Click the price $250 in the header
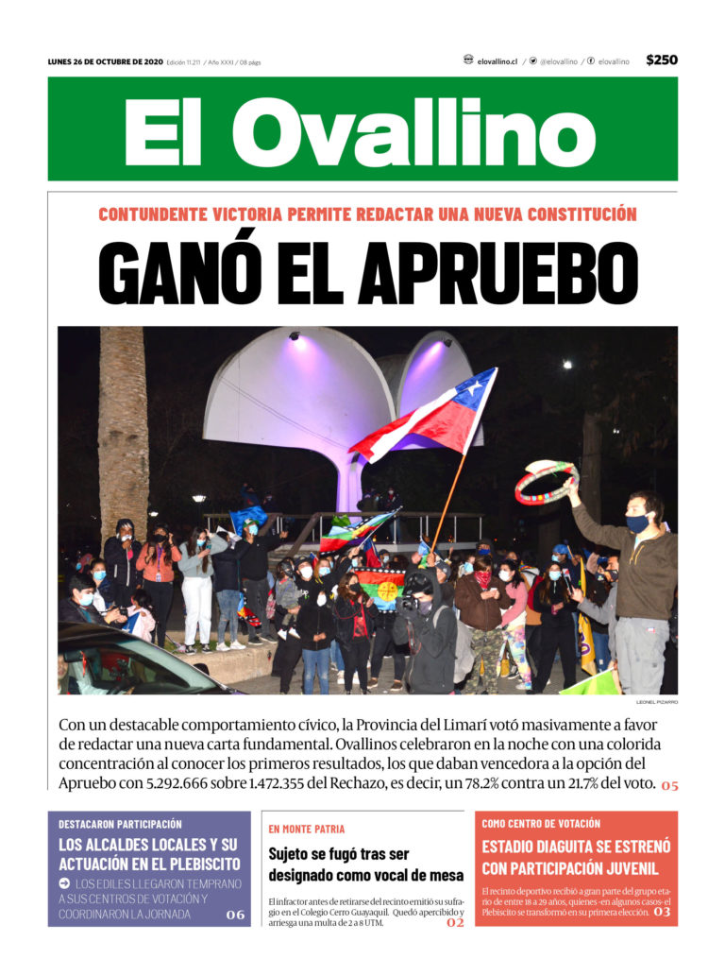click(662, 60)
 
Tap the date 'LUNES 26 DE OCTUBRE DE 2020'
click(105, 62)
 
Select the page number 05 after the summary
click(668, 785)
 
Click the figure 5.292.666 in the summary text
click(190, 784)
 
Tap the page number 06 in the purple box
click(235, 914)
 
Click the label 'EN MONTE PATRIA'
click(307, 829)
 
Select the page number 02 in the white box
click(455, 922)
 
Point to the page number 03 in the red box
click(662, 912)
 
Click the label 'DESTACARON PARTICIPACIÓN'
click(120, 824)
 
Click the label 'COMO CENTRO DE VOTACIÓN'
click(541, 824)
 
